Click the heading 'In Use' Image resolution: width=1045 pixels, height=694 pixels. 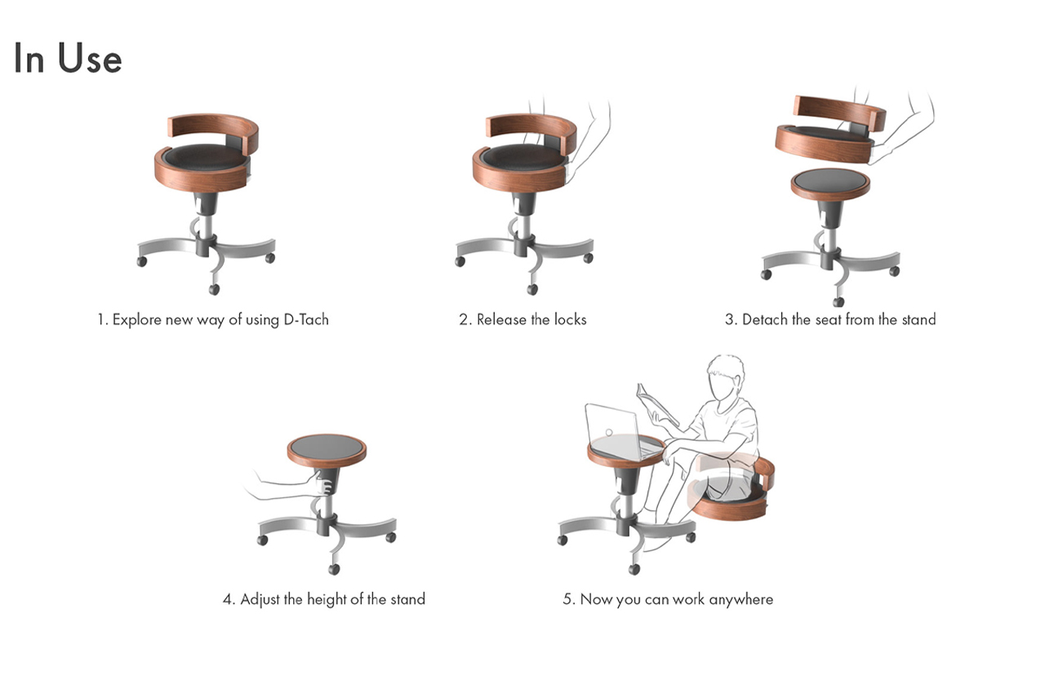coord(68,59)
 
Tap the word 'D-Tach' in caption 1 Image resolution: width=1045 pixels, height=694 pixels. coord(305,319)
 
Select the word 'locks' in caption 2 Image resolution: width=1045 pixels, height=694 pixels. coord(569,319)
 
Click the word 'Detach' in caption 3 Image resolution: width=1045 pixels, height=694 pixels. coord(765,319)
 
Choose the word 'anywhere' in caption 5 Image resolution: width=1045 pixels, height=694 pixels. coord(740,599)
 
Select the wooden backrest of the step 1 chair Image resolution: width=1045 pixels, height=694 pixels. coord(214,129)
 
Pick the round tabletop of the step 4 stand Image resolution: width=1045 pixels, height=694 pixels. coord(327,448)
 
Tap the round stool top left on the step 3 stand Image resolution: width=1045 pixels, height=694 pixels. coord(829,183)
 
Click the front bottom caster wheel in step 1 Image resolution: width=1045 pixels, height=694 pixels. coord(214,289)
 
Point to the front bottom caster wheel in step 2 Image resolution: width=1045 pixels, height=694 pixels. coord(532,289)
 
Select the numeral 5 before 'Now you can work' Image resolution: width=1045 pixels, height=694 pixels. coord(567,599)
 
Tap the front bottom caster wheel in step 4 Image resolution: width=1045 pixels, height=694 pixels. coord(333,568)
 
